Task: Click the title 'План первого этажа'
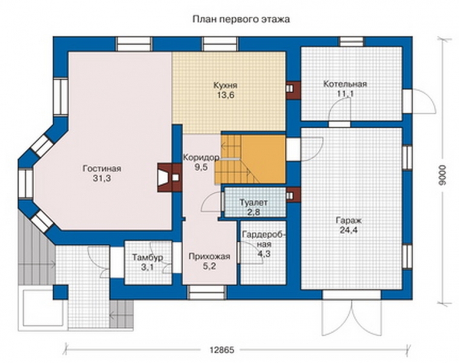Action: click(241, 19)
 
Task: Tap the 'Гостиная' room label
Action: click(102, 169)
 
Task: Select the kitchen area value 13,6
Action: click(225, 95)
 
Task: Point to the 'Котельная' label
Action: click(345, 84)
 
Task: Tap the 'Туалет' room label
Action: click(253, 203)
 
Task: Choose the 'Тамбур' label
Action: click(148, 258)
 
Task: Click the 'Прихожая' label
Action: click(209, 257)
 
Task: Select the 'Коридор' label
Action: click(201, 157)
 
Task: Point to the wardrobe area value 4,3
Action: click(264, 253)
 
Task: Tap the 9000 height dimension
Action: click(443, 175)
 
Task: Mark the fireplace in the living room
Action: click(169, 178)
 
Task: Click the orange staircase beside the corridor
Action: click(250, 159)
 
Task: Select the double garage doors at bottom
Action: click(352, 317)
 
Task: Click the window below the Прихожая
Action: click(207, 292)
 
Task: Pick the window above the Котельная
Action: click(351, 41)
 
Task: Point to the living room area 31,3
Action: click(102, 178)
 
